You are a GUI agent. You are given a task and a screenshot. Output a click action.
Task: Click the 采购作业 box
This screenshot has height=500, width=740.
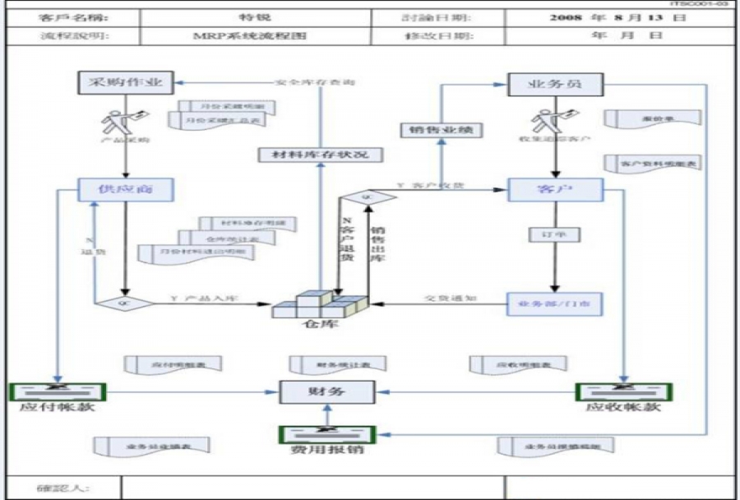[x=126, y=82]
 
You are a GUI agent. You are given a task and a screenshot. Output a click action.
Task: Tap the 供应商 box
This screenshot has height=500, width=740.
[x=126, y=190]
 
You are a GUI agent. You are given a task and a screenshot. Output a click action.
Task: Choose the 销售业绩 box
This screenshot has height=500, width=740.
[x=441, y=129]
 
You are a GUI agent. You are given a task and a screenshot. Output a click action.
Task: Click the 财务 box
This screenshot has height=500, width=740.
[x=326, y=392]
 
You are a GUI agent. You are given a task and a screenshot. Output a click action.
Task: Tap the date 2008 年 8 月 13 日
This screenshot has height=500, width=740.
[x=617, y=17]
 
